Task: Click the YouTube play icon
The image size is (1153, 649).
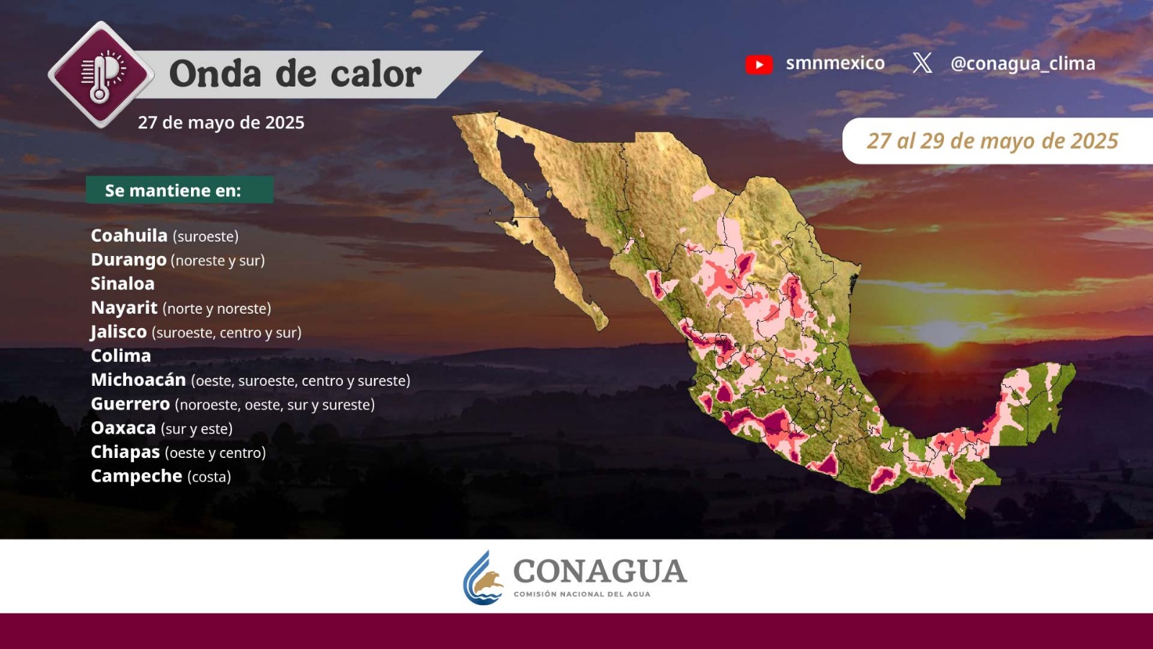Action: (x=759, y=64)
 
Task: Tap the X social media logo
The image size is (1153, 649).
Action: (x=922, y=63)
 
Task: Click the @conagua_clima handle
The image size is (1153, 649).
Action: (x=1023, y=63)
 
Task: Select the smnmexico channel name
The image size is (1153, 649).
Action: (x=835, y=63)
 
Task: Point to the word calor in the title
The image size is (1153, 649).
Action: (x=375, y=75)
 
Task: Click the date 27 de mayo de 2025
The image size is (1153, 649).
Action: (x=221, y=123)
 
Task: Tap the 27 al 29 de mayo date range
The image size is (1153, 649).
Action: (x=992, y=141)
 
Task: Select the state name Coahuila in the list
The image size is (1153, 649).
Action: (x=129, y=235)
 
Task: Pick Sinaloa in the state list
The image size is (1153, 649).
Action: (x=123, y=284)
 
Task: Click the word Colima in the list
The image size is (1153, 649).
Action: (x=121, y=356)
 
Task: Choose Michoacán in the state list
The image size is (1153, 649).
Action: (x=138, y=379)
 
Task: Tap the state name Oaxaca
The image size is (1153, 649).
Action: (x=123, y=428)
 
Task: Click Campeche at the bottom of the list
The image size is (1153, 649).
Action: (x=136, y=477)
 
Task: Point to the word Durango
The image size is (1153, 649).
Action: (x=129, y=260)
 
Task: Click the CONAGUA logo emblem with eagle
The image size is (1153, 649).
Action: (x=483, y=578)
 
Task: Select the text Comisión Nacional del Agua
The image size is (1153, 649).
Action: (x=582, y=594)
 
